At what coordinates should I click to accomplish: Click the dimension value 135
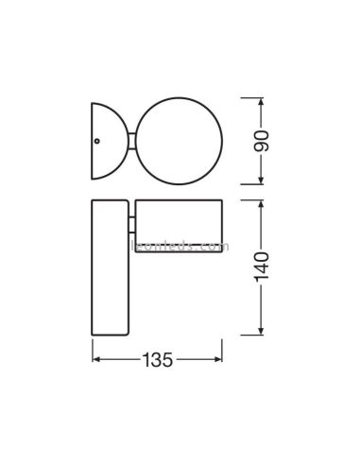158,361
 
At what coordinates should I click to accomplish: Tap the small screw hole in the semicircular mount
96,140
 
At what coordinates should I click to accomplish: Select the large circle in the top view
180,140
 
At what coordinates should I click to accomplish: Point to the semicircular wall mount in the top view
106,140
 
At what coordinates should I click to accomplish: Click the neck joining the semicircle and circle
130,140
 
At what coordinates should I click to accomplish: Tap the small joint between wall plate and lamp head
129,224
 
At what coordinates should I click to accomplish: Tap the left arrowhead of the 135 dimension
95,361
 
